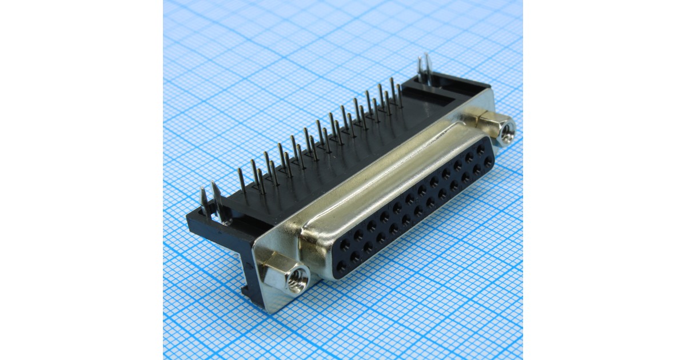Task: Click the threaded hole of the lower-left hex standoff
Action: click(297, 281)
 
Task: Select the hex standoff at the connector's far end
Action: click(496, 129)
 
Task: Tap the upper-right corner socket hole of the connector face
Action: click(481, 148)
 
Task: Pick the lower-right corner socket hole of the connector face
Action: click(488, 162)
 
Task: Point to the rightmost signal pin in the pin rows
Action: click(399, 94)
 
